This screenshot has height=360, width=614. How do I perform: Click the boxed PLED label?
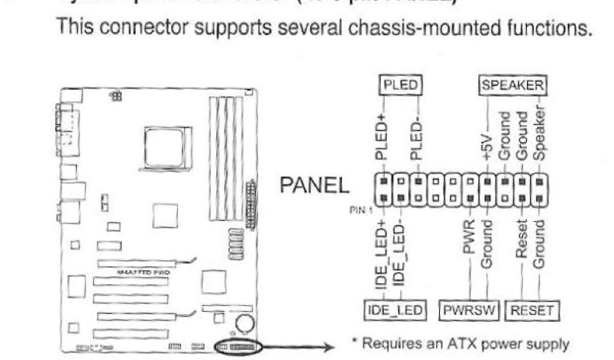pos(399,85)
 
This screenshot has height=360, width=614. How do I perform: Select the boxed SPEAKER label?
pos(512,85)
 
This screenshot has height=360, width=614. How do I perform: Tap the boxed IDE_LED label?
pos(395,310)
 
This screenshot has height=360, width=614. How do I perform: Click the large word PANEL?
pos(315,187)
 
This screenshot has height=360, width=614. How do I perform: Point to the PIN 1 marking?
pos(359,211)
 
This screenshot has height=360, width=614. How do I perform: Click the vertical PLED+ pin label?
pos(382,137)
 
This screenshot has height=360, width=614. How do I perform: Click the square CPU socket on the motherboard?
pos(167,148)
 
